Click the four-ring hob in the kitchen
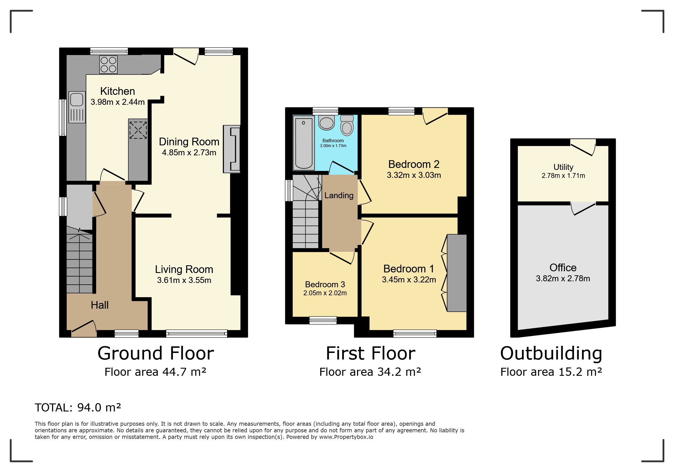[x=108, y=64]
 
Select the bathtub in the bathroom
[x=304, y=143]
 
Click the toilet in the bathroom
[x=347, y=125]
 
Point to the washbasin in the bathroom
[x=326, y=122]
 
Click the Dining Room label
[x=189, y=142]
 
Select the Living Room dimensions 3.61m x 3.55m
[x=184, y=280]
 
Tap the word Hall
[x=100, y=305]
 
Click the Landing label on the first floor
[x=339, y=195]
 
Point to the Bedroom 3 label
[x=325, y=284]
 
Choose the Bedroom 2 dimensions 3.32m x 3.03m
[x=414, y=175]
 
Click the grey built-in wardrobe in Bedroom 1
[x=457, y=273]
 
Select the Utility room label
[x=563, y=167]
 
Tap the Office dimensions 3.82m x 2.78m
[x=563, y=278]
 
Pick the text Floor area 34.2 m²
[x=370, y=372]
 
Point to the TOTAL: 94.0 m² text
[x=78, y=408]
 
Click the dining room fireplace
[x=232, y=149]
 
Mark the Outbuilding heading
[x=551, y=353]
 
